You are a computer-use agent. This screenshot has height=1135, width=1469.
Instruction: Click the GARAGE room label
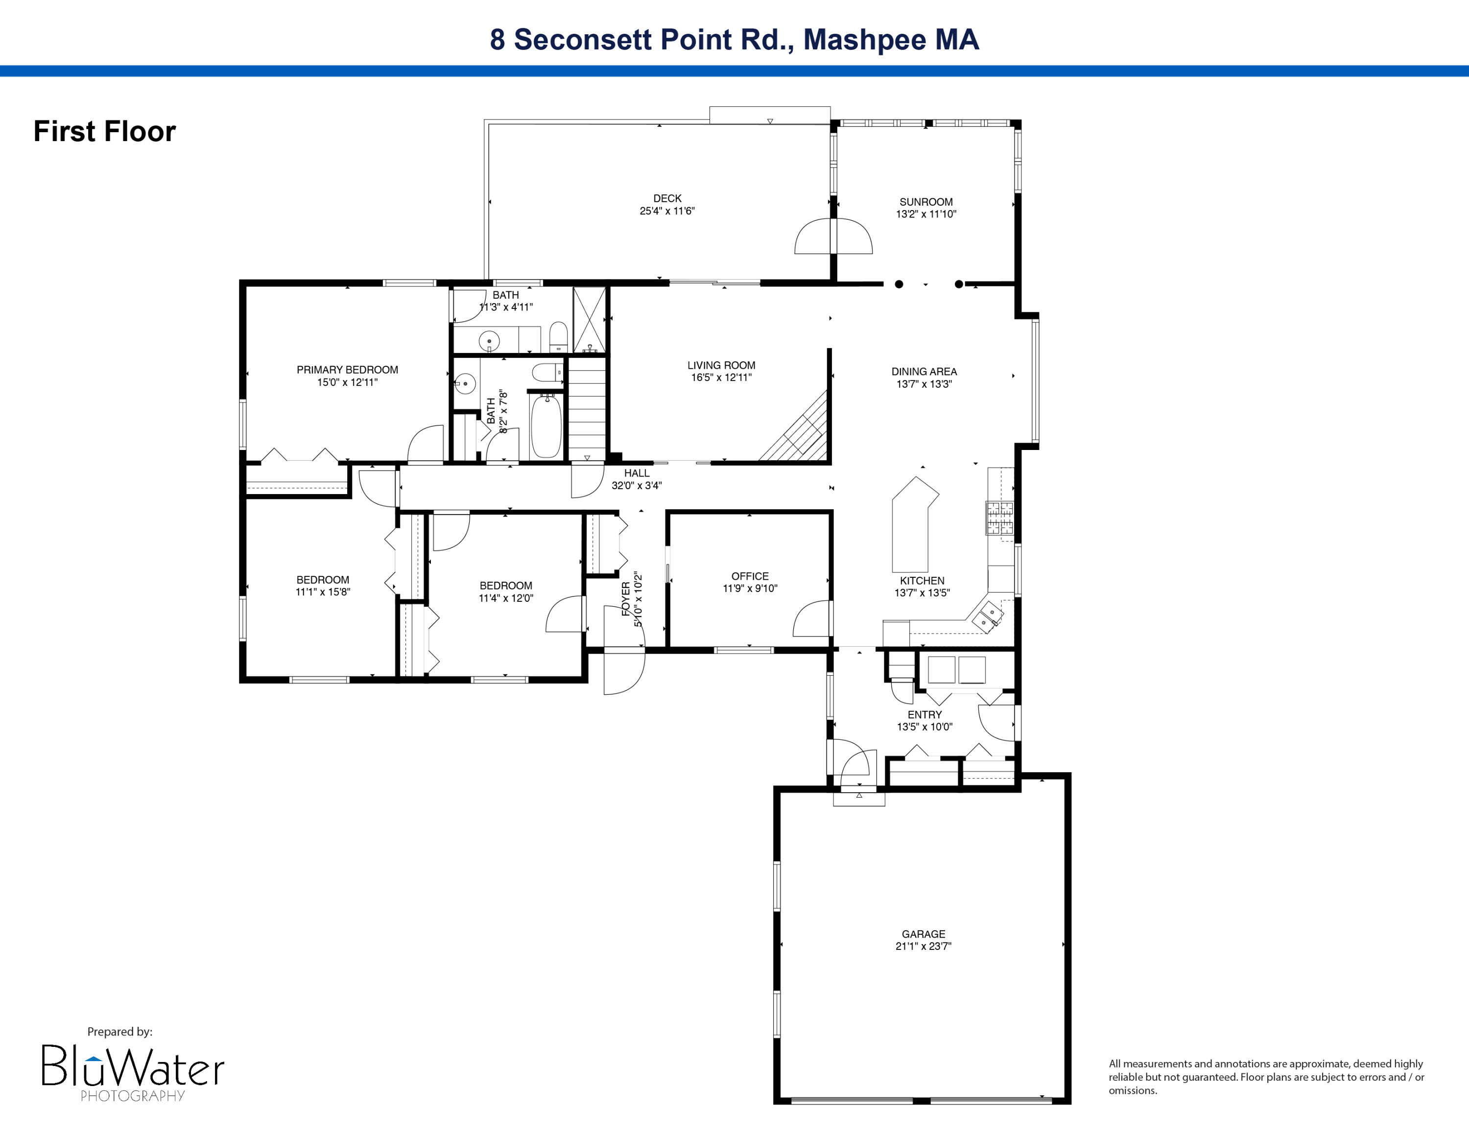click(923, 933)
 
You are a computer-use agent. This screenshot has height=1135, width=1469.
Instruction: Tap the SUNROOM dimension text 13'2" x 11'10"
click(925, 214)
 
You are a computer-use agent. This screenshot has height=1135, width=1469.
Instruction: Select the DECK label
click(667, 198)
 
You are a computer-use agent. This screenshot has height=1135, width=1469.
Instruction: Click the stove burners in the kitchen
click(999, 518)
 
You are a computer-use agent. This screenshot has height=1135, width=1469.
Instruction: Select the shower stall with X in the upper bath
click(589, 319)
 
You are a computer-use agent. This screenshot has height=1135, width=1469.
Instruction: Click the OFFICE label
click(750, 576)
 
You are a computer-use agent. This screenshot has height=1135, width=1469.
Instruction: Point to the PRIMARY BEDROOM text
click(347, 370)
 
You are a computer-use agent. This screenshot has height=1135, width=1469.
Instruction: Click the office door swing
click(812, 618)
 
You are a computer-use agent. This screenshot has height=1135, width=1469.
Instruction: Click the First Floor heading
click(105, 131)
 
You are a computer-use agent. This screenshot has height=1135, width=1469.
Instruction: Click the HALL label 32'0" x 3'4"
click(636, 479)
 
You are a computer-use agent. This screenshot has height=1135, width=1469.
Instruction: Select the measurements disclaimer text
click(1266, 1077)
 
